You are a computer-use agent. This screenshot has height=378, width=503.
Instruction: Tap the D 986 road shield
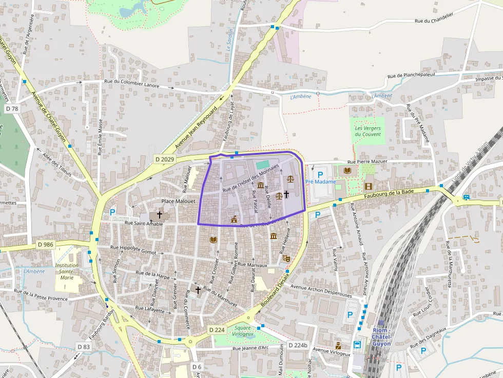pos(46,245)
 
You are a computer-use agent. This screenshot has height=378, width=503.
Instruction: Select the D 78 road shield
pos(12,109)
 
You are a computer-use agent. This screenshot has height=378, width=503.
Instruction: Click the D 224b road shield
pos(298,345)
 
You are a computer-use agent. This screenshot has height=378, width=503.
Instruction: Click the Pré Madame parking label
pos(320,182)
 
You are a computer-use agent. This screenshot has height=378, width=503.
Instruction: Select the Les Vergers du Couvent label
pos(368,131)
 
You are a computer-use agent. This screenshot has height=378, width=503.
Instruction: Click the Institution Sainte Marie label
pos(67,271)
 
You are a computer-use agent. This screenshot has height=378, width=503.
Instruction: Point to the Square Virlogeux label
pos(243,331)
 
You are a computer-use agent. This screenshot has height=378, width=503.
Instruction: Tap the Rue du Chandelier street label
pos(434,21)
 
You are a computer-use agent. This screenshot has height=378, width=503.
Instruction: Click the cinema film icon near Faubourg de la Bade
pos(368,186)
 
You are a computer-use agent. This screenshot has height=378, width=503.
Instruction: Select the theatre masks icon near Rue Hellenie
pos(286,258)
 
